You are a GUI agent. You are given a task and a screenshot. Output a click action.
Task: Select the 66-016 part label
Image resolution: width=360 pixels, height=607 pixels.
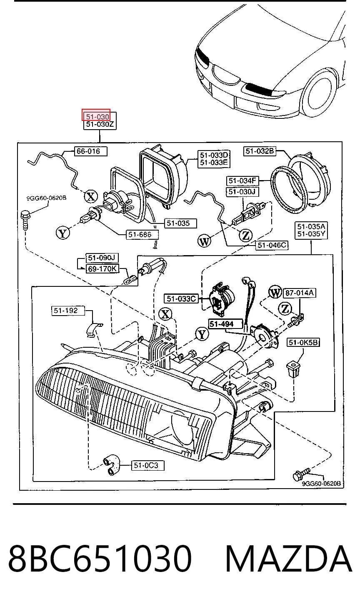click(x=91, y=151)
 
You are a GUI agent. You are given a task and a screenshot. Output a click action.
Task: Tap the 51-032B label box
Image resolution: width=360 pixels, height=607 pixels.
click(x=260, y=151)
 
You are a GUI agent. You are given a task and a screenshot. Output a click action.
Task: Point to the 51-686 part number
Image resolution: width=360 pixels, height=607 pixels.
click(x=142, y=234)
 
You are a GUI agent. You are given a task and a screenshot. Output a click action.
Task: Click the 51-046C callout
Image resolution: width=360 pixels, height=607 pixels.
click(x=272, y=245)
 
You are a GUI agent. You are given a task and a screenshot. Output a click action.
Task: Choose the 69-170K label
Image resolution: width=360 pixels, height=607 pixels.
click(x=102, y=269)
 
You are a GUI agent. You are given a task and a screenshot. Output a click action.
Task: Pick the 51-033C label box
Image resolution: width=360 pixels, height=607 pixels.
click(x=181, y=298)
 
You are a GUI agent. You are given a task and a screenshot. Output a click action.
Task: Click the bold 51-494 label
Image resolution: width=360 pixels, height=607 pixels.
click(x=222, y=324)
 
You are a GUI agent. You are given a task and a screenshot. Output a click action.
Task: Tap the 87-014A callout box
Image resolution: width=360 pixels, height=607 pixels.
click(x=300, y=293)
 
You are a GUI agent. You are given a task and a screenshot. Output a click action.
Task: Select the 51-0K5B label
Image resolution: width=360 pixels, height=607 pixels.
click(x=303, y=343)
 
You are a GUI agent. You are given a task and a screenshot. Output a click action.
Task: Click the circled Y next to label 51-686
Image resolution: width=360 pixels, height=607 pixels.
click(x=63, y=233)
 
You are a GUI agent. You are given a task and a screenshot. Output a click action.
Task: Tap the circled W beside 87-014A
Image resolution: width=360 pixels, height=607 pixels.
click(x=275, y=292)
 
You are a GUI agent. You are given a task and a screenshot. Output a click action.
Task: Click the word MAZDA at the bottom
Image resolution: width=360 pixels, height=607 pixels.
click(x=289, y=559)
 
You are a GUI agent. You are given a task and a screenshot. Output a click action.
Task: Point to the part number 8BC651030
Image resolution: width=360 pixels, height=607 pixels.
click(x=100, y=559)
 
